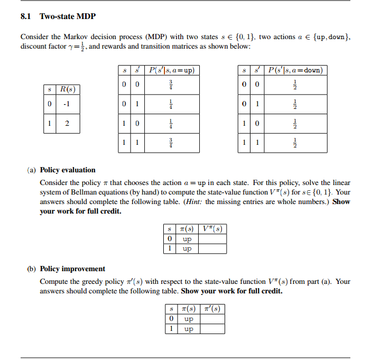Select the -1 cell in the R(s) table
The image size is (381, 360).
click(67, 104)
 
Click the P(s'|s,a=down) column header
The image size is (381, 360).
click(296, 70)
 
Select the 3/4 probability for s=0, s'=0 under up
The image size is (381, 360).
click(171, 85)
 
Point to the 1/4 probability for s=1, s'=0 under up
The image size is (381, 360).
click(171, 124)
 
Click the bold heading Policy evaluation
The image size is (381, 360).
click(68, 170)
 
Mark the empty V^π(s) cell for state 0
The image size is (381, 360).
click(212, 239)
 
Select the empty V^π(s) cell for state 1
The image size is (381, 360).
click(212, 248)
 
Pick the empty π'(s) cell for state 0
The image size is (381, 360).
click(212, 319)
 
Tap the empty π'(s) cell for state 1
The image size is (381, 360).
click(212, 329)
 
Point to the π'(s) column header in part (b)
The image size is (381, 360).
click(212, 309)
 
